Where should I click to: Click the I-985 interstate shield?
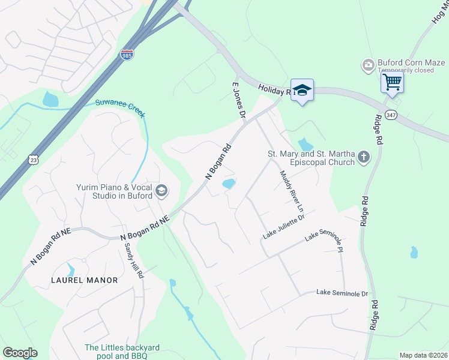pyautogui.click(x=127, y=54)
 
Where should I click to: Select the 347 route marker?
pyautogui.click(x=391, y=115)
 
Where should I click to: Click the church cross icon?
pyautogui.click(x=363, y=157)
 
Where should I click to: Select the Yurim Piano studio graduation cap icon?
pyautogui.click(x=161, y=191)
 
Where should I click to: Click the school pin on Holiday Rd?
pyautogui.click(x=302, y=90)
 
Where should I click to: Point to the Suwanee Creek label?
pyautogui.click(x=120, y=107)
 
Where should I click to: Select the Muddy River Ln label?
pyautogui.click(x=292, y=191)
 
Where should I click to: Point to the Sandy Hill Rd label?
pyautogui.click(x=134, y=260)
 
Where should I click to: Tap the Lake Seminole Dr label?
pyautogui.click(x=341, y=293)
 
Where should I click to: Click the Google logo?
pyautogui.click(x=20, y=353)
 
